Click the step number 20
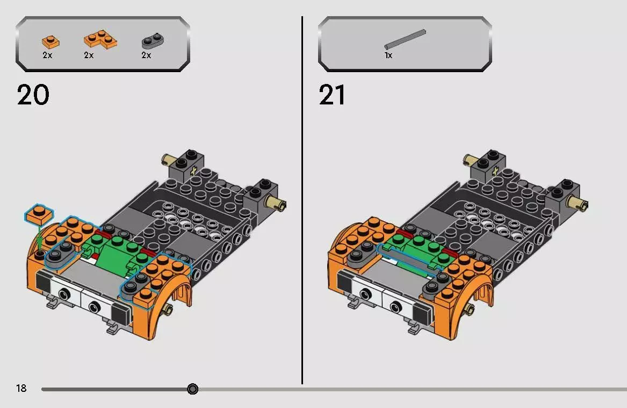(x=33, y=96)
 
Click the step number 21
(x=333, y=96)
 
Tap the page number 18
(x=21, y=388)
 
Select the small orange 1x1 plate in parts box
(x=51, y=41)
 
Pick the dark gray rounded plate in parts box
(x=153, y=41)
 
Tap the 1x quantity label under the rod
(x=388, y=55)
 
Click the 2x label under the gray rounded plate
(x=146, y=55)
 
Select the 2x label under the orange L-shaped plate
(x=89, y=55)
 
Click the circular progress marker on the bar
(x=193, y=389)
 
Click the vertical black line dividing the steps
(x=302, y=199)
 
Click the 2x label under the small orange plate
(x=47, y=55)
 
